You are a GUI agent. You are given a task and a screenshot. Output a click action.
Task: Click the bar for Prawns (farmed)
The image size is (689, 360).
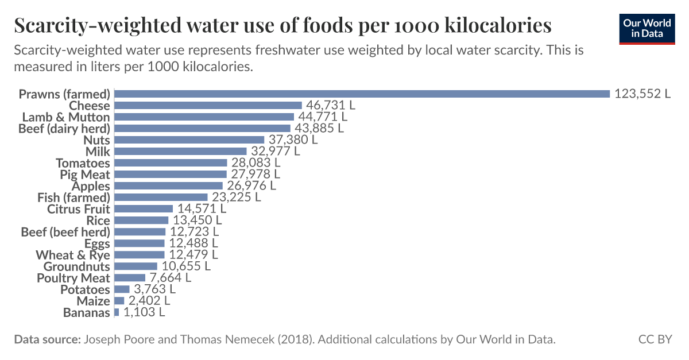coord(362,94)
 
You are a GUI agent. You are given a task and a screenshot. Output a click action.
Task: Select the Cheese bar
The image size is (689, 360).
coord(208,105)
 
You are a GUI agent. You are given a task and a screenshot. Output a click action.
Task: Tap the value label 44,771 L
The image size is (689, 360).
coord(323,117)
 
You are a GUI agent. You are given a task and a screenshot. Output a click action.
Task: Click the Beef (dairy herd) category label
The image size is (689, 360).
coord(64,128)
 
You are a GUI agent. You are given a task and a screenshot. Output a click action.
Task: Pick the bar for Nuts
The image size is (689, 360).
coord(189,140)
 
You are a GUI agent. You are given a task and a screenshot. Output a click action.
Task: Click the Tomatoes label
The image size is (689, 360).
coord(83,163)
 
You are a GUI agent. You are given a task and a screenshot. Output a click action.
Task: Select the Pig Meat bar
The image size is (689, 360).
coord(171,174)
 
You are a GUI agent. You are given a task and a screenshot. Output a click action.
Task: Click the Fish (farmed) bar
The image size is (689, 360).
coord(161,197)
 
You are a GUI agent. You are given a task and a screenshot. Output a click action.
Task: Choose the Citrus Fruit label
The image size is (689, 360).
coord(78,209)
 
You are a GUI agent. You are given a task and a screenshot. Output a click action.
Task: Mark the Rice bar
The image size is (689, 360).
coord(141,220)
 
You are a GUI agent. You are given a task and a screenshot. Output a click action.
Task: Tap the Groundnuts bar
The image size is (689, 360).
coord(136,266)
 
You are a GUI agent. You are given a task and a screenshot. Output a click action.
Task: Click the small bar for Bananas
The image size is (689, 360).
coord(117,312)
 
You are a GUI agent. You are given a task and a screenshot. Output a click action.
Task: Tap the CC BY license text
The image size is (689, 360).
coord(655,339)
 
